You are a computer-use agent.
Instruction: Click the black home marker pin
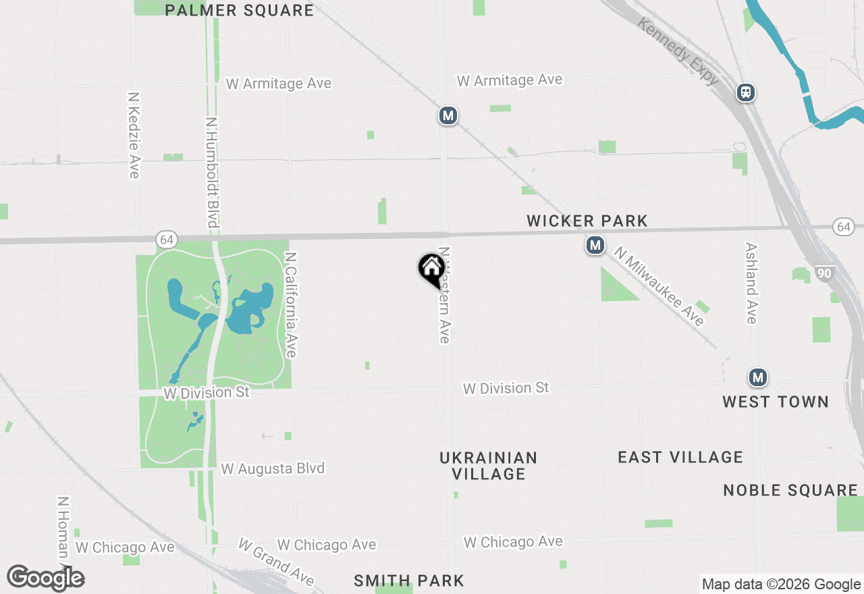coord(431,269)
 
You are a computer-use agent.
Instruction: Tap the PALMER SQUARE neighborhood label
coord(240,10)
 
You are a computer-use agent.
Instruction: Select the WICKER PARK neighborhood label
coord(587,221)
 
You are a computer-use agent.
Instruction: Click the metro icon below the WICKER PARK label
coord(595,245)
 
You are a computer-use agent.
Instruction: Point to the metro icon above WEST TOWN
coord(758,377)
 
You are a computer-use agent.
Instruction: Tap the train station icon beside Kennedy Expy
coord(746,92)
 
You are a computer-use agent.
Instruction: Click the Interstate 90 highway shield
coord(823,273)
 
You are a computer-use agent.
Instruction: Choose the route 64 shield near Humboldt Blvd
coord(167,240)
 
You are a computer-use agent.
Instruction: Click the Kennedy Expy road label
coord(678,51)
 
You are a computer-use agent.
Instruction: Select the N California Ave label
coord(291,304)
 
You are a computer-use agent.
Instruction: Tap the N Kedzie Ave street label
coord(134,135)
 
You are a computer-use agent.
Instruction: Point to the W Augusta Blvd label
coord(273,468)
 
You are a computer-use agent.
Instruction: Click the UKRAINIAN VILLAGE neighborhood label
coord(489,466)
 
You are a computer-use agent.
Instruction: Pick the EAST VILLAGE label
coord(680,457)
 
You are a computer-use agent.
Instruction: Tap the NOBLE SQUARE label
coord(790,490)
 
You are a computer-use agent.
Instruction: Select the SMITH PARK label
coord(409,580)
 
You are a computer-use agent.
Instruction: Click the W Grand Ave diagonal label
coord(277,562)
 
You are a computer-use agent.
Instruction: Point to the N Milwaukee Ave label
coord(659,286)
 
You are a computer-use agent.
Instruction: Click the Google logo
coord(46,578)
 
